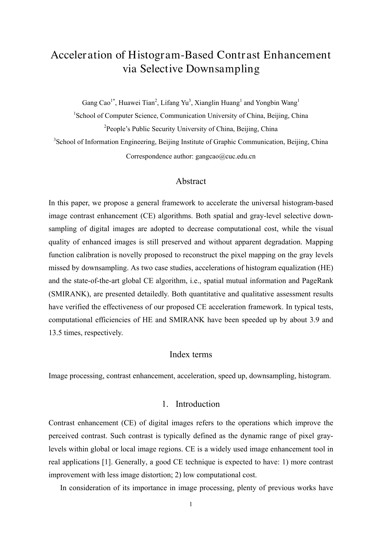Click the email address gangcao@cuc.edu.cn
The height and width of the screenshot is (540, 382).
coord(226,156)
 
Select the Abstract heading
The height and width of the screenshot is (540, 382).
coord(191,181)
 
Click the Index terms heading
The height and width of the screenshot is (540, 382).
coord(191,354)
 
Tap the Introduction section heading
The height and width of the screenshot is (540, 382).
coord(197,404)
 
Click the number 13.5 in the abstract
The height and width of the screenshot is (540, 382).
coord(55,333)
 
